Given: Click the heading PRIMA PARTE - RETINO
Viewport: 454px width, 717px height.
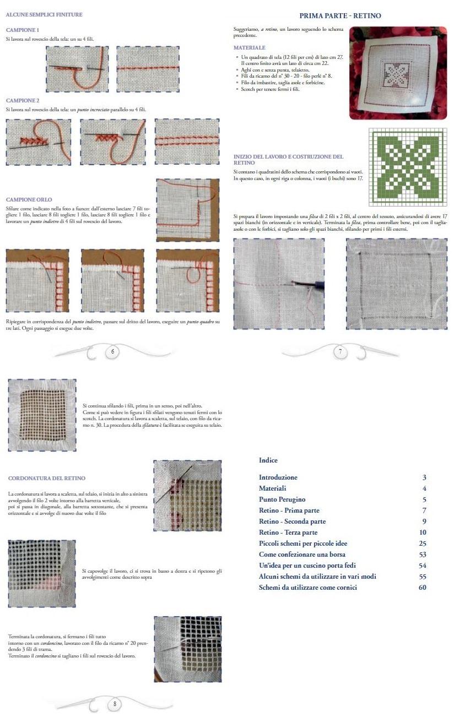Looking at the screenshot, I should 340,16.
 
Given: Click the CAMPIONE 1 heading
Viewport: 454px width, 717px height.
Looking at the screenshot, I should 22,29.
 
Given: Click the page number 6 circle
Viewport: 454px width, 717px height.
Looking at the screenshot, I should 112,352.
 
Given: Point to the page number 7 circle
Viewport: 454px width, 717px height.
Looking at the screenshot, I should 340,352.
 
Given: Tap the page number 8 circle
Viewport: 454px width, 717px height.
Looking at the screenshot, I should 114,703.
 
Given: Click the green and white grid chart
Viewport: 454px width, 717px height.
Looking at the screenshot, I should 407,167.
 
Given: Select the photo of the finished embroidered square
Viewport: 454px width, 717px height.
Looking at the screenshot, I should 398,73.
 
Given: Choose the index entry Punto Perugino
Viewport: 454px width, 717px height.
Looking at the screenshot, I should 282,499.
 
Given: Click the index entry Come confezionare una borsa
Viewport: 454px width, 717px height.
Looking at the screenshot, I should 302,555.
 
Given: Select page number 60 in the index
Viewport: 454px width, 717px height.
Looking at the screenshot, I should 422,588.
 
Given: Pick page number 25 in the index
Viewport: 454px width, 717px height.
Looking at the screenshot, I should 422,544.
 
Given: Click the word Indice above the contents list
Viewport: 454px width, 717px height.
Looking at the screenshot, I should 268,460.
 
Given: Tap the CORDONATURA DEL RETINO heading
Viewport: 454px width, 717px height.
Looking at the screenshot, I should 47,478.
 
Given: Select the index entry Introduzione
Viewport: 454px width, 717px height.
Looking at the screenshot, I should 278,477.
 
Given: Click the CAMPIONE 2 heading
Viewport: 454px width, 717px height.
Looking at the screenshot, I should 22,101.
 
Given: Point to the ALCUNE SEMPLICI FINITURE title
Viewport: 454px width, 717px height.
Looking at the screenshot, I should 44,14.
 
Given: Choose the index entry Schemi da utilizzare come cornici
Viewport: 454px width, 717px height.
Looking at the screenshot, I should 308,588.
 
